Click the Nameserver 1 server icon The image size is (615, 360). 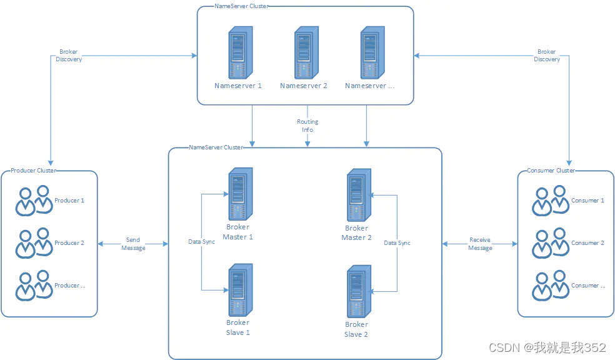239,52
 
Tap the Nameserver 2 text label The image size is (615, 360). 304,86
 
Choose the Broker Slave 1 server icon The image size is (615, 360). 239,290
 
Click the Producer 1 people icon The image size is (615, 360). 33,200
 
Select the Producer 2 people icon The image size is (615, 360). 33,242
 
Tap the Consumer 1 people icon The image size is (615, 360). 549,200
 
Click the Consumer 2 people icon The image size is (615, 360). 549,242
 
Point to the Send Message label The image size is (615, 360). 133,244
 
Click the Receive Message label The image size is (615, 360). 480,244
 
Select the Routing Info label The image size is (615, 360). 307,126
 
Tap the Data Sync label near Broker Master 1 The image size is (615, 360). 202,241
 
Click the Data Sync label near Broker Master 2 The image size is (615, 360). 397,242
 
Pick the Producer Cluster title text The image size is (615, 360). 33,171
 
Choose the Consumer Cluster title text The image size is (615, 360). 551,171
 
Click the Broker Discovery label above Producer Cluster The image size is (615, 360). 69,56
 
